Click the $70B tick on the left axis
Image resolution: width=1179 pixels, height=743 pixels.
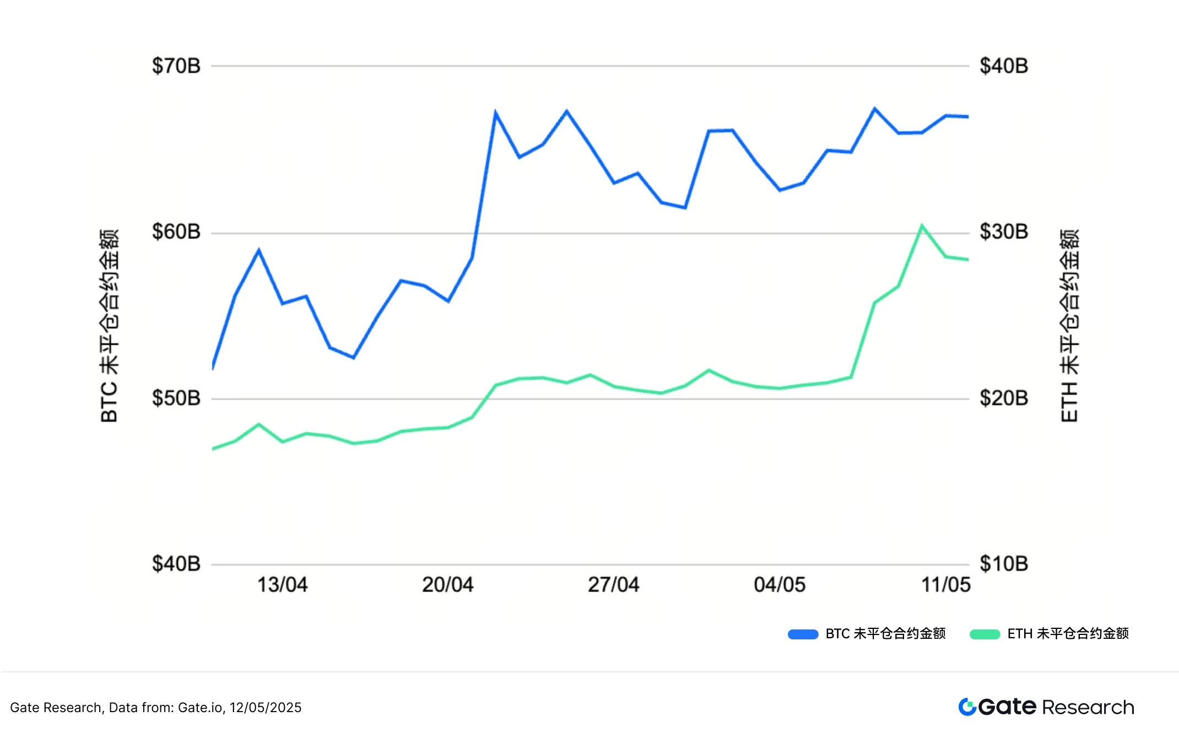[176, 66]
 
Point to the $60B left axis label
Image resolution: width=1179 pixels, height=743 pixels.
[176, 231]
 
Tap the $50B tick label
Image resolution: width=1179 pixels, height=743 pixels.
[176, 398]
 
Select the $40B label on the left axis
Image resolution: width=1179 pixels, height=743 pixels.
[176, 564]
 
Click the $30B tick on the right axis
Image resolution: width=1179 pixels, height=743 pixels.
[1003, 231]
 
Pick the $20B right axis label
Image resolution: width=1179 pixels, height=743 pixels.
[1003, 398]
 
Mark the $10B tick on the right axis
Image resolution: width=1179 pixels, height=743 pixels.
[1003, 564]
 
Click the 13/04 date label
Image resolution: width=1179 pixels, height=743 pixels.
[282, 585]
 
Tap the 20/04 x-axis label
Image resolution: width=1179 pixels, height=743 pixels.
[447, 585]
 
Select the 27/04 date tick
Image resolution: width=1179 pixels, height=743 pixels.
[613, 585]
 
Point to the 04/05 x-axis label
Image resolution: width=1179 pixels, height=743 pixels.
[779, 585]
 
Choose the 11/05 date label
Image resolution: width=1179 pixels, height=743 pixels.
[945, 585]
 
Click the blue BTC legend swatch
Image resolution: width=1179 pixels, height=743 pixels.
[803, 634]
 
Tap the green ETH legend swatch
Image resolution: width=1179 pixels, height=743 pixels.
[985, 634]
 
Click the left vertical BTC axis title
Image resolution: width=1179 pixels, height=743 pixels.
[110, 325]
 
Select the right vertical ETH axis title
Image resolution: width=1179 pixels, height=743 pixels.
[1069, 325]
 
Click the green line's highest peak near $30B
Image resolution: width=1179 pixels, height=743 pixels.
[921, 226]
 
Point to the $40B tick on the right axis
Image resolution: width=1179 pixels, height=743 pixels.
[1003, 66]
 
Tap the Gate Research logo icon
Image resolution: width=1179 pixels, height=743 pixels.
[967, 707]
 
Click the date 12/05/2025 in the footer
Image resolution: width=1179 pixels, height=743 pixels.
[266, 708]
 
